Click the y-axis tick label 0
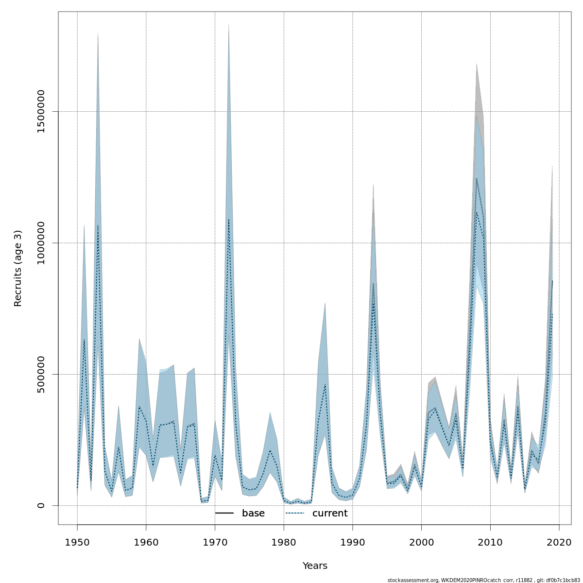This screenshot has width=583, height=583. [41, 505]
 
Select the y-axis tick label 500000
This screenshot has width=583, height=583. [41, 374]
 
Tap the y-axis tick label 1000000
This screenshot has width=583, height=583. [41, 243]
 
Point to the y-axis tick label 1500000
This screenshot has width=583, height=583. [41, 112]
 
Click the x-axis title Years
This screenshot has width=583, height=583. [315, 566]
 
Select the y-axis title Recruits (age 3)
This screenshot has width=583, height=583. [18, 268]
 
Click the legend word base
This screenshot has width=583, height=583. [253, 514]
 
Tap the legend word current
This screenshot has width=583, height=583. [330, 514]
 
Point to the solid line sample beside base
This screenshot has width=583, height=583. [224, 514]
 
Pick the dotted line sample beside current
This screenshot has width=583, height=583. [295, 514]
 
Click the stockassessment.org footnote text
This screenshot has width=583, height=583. [483, 580]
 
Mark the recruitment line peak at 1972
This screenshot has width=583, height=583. [229, 219]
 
